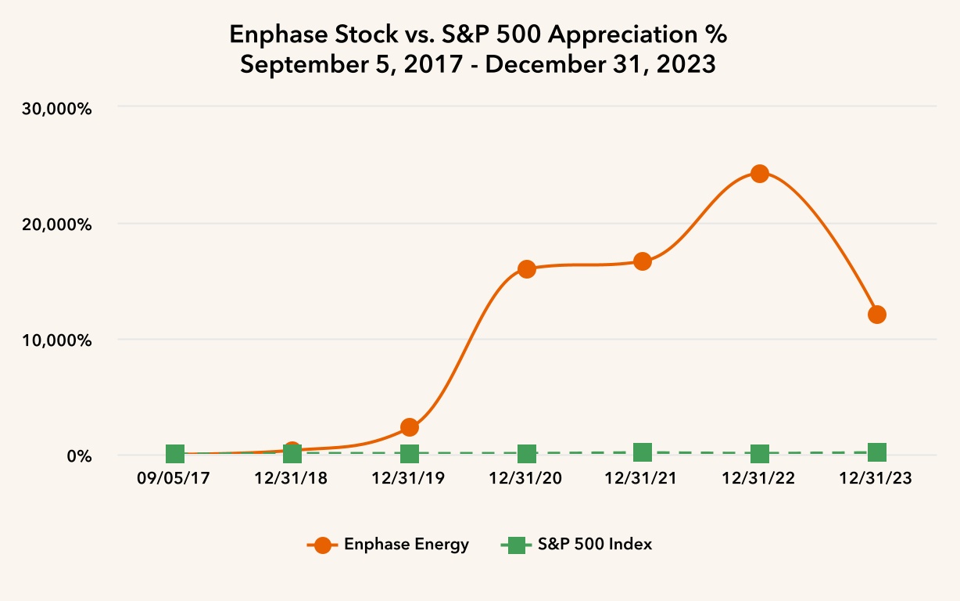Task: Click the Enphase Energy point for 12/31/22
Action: click(x=760, y=174)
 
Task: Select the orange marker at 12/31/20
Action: click(x=527, y=269)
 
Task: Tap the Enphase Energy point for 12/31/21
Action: click(x=643, y=261)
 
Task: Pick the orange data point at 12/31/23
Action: click(x=877, y=315)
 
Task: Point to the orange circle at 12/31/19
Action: click(x=410, y=427)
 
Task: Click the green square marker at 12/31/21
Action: click(x=643, y=452)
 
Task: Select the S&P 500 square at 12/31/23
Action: click(x=877, y=452)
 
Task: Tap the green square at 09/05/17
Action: click(x=175, y=454)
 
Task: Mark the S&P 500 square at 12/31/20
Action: click(x=527, y=454)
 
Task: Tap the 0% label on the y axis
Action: click(x=78, y=456)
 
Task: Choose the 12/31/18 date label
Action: click(x=292, y=479)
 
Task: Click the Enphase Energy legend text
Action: click(x=407, y=545)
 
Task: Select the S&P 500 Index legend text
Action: click(x=595, y=545)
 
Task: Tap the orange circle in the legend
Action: click(x=322, y=545)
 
